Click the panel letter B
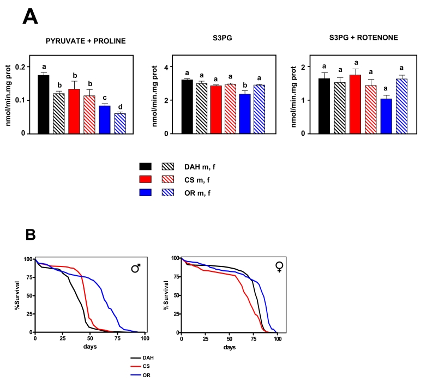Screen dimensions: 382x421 coord(34,235)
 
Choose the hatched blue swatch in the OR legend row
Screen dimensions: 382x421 coord(169,193)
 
